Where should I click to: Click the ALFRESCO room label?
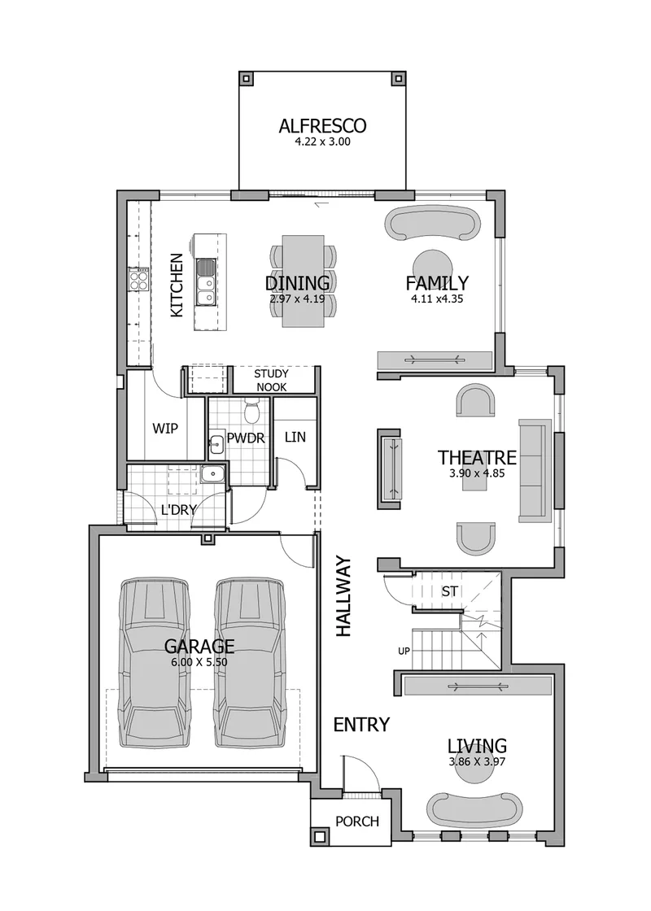pos(322,125)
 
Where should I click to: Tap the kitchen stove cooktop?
pos(138,281)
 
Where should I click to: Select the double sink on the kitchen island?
pos(204,282)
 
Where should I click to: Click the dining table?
pos(303,281)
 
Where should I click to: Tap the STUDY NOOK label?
pos(272,381)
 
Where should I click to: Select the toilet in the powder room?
pos(252,411)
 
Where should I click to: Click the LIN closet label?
pos(295,437)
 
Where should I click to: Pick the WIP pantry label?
pos(165,429)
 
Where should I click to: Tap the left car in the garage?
pos(155,662)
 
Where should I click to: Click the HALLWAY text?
pos(343,597)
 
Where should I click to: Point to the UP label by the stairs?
pos(404,652)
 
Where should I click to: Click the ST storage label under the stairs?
pos(450,591)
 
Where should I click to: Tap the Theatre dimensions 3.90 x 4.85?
pos(477,473)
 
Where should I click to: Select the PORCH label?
pos(357,821)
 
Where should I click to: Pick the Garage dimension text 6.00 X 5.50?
pos(199,662)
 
